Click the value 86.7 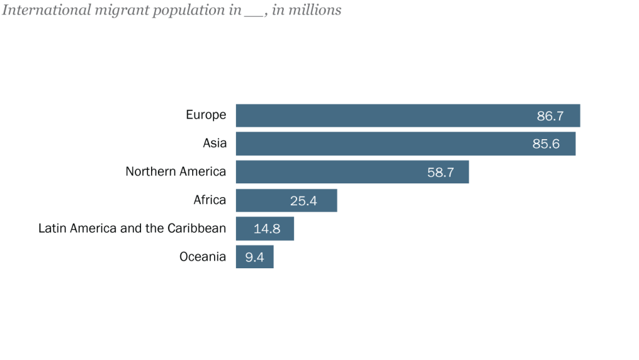click(x=550, y=116)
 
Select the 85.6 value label click(x=545, y=144)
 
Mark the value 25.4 click(x=304, y=201)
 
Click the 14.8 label click(x=266, y=229)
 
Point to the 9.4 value click(x=254, y=257)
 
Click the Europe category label click(x=206, y=115)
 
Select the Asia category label click(x=215, y=144)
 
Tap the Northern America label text click(x=175, y=172)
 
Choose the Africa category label click(x=210, y=200)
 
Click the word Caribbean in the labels click(x=197, y=228)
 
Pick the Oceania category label click(x=202, y=256)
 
